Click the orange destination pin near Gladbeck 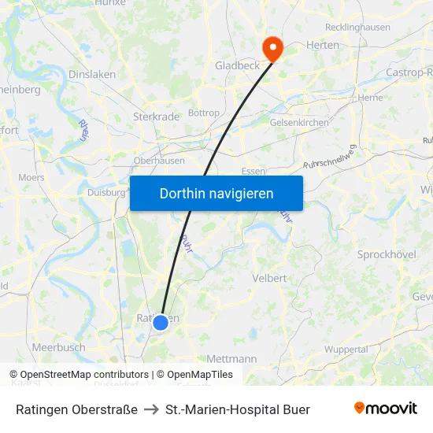(x=273, y=49)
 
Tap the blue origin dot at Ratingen (x=161, y=322)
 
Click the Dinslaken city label (x=92, y=74)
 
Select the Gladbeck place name (x=237, y=65)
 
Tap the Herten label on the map (x=323, y=45)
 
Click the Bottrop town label (x=204, y=113)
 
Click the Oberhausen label (x=159, y=161)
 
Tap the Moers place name (x=31, y=178)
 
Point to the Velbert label (x=268, y=278)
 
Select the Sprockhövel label (x=386, y=255)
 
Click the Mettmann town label (x=232, y=359)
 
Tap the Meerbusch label (x=59, y=347)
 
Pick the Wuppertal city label (x=346, y=349)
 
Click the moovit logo (x=386, y=409)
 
